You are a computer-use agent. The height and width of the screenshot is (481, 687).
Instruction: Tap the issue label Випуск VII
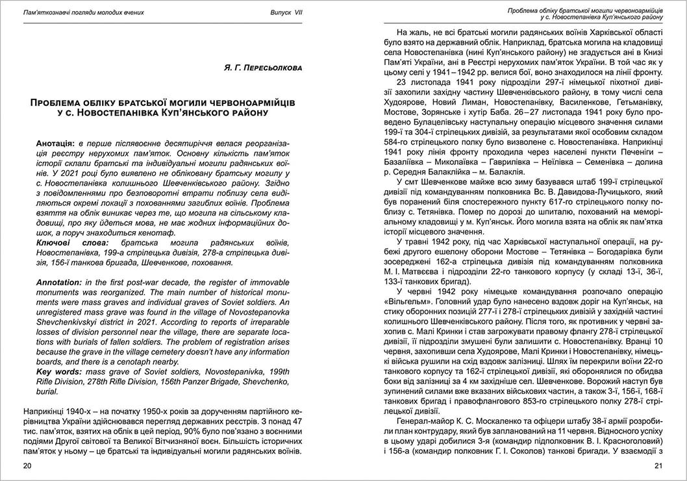click(286, 12)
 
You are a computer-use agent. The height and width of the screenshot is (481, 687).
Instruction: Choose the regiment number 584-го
click(397, 140)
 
